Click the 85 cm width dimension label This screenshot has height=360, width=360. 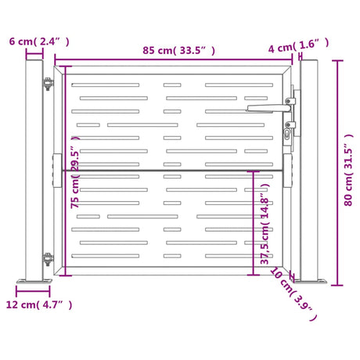point(178,50)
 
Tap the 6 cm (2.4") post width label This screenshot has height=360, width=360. point(39,41)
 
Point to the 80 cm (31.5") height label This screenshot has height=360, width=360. point(348,170)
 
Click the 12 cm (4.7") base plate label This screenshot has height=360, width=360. point(39,304)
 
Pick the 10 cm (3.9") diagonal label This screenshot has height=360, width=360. point(293,293)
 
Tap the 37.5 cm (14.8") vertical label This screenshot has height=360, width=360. point(265,224)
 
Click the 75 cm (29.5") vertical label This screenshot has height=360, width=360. point(75,172)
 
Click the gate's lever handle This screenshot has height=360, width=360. point(268,108)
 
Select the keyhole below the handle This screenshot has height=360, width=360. point(287,134)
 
